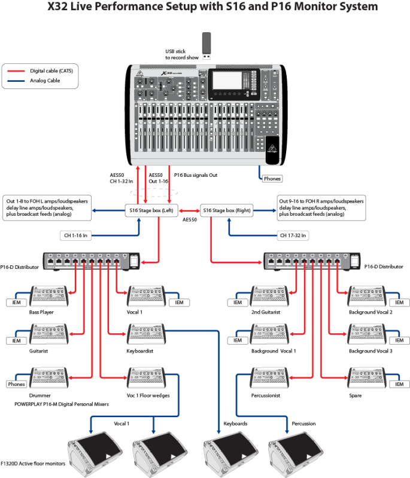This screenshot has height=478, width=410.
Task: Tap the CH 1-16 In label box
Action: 78,235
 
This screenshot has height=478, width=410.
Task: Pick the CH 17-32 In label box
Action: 292,235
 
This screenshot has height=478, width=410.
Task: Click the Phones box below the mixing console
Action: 272,178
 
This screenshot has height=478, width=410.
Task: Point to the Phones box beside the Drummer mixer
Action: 16,384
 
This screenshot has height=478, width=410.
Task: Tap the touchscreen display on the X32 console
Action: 229,82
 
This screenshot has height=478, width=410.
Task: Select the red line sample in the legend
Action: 16,71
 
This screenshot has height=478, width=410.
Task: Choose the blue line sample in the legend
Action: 16,79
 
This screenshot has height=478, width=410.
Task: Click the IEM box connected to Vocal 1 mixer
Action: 178,302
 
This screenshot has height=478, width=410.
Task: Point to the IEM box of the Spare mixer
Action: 399,384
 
